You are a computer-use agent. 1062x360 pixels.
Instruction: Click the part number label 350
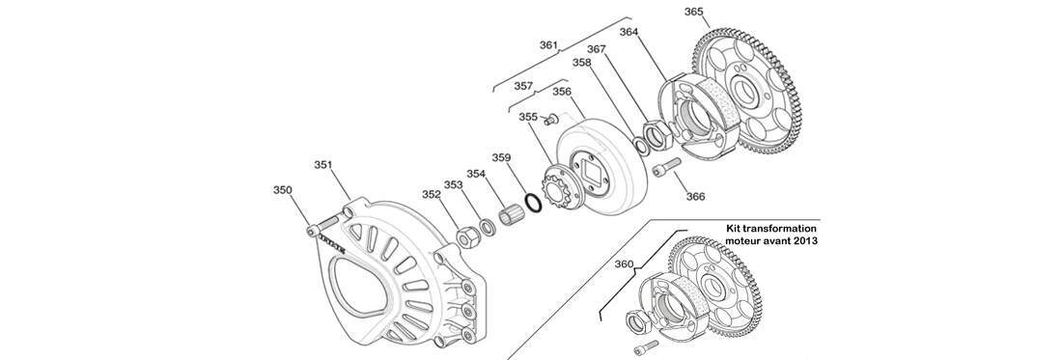pyautogui.click(x=283, y=190)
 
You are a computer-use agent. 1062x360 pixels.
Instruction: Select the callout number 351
pyautogui.click(x=323, y=164)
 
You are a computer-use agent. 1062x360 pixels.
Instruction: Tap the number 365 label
pyautogui.click(x=693, y=12)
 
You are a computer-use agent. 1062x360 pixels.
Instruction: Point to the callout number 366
pyautogui.click(x=695, y=197)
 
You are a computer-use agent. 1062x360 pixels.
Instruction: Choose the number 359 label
pyautogui.click(x=501, y=157)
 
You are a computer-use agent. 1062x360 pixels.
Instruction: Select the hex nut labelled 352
pyautogui.click(x=466, y=237)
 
